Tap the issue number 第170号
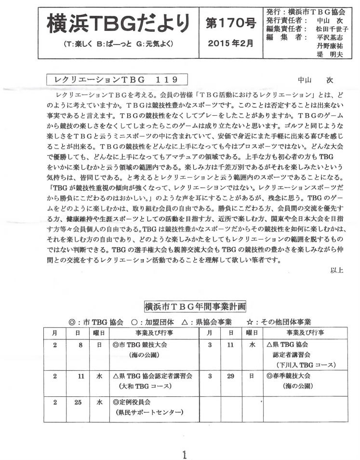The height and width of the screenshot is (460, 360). pos(228,22)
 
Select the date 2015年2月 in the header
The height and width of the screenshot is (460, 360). pos(228,42)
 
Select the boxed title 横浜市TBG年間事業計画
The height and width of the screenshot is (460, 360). pos(195,306)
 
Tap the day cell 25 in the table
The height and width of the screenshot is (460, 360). pos(78,402)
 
